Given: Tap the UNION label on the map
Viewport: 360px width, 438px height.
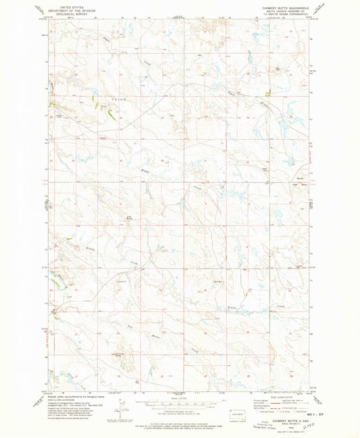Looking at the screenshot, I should click(119, 99).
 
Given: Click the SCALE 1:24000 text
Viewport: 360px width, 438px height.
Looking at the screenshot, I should click(180, 398).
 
